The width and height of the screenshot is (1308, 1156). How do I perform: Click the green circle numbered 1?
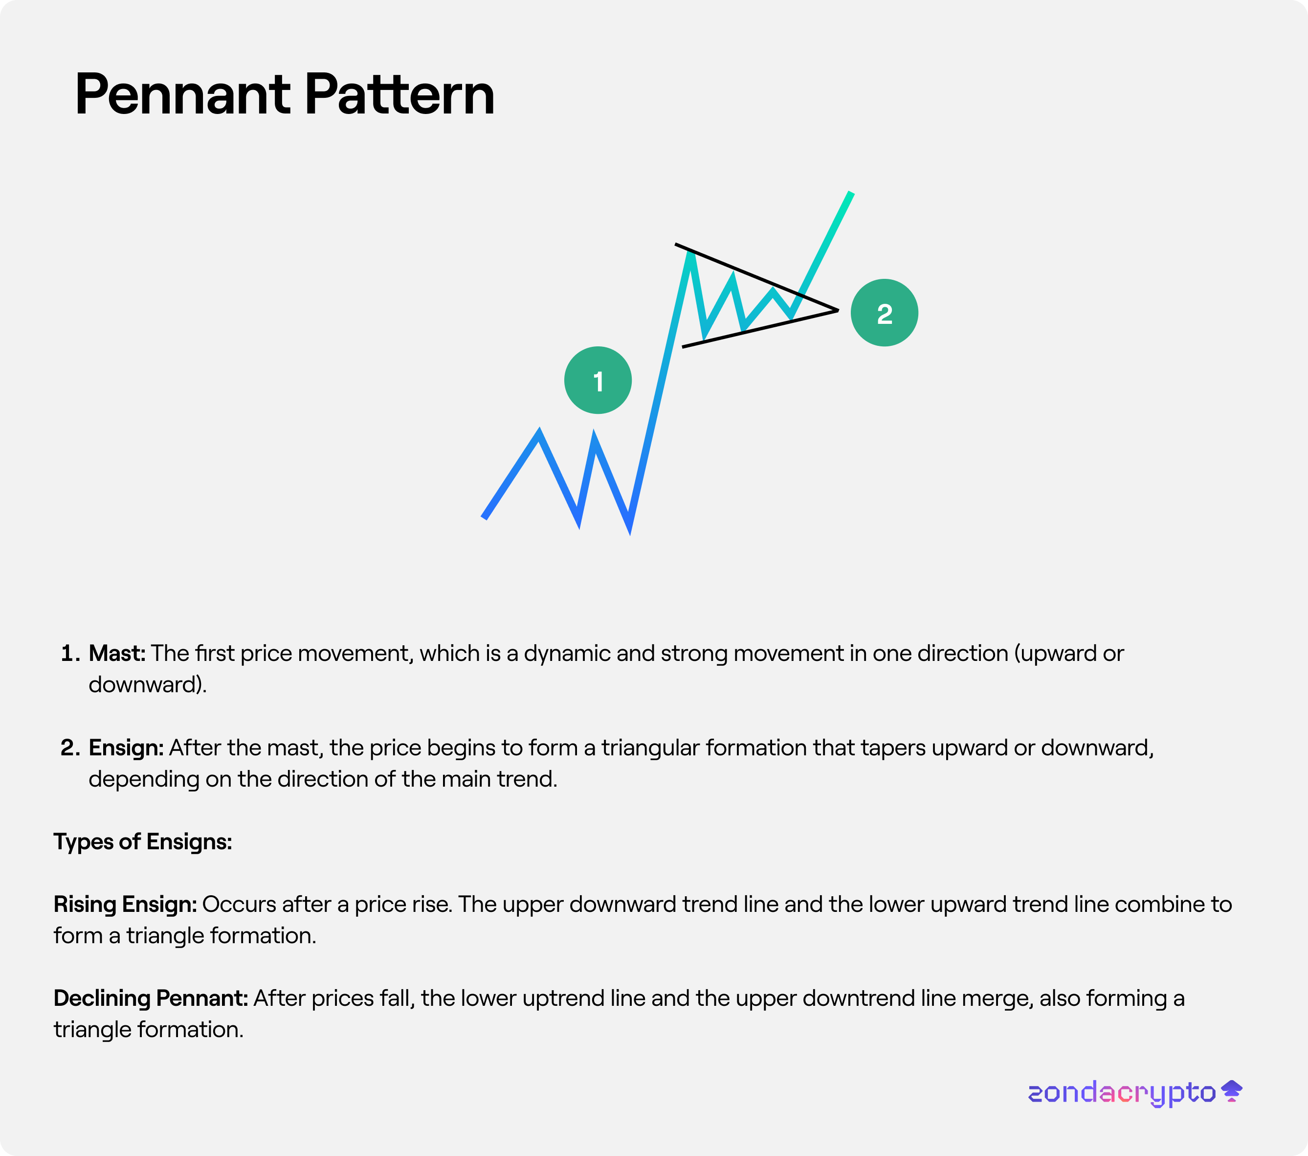[598, 380]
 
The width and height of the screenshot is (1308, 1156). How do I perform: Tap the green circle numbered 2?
[885, 313]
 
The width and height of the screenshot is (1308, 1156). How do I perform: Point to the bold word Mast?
[117, 654]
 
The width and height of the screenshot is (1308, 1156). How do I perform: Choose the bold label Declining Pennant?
[151, 998]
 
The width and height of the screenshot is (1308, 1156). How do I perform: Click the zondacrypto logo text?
[1122, 1092]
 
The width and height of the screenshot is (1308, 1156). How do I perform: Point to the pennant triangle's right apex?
[838, 311]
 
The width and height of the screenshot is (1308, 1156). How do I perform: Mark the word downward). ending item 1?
[148, 685]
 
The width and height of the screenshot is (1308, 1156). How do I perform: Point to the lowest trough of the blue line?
[630, 531]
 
